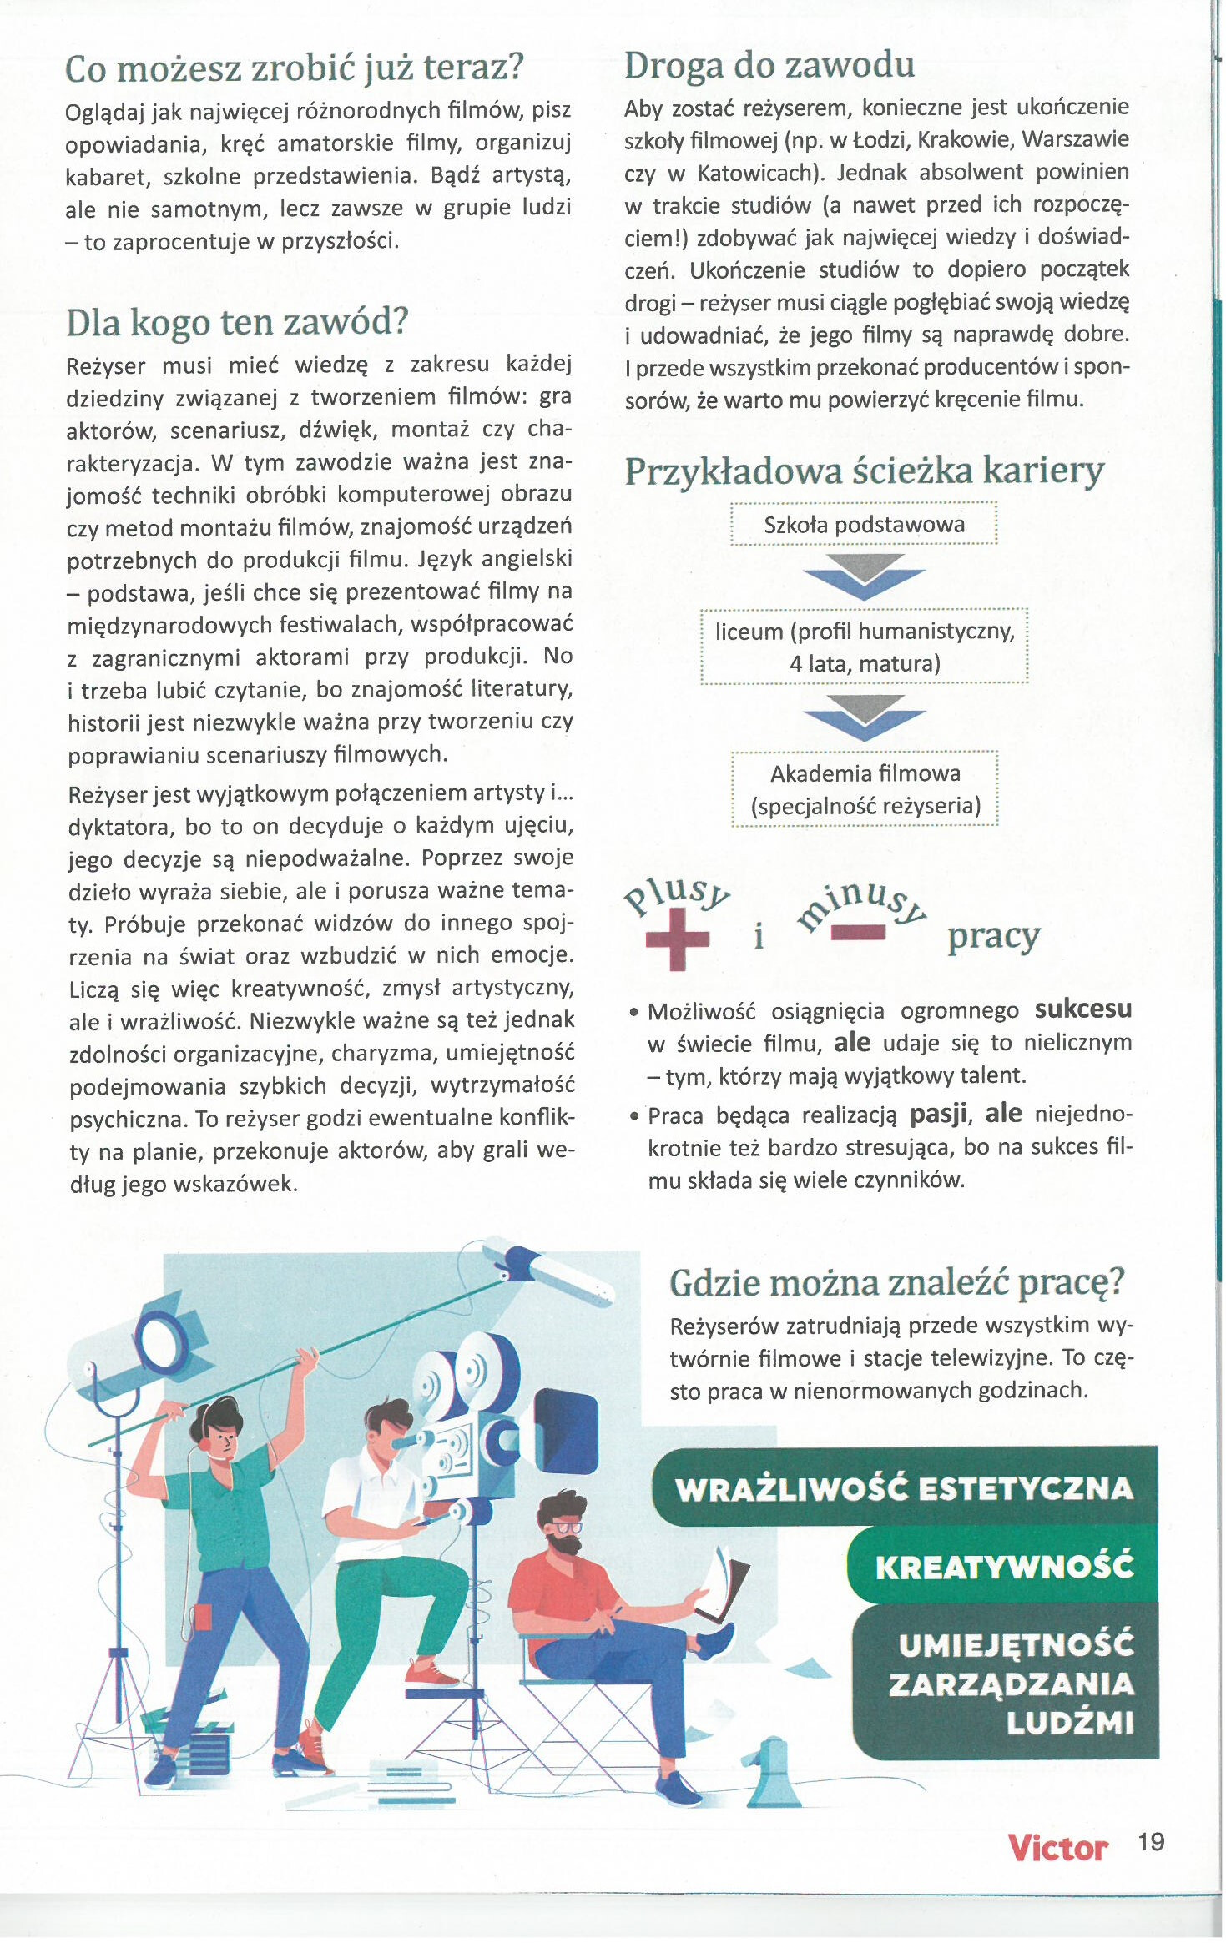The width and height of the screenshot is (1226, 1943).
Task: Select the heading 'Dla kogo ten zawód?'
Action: point(237,322)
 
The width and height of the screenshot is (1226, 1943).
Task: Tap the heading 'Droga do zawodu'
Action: point(769,65)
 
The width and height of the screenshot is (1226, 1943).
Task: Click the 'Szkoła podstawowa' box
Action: point(864,525)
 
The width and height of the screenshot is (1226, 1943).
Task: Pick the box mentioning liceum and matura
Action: point(865,647)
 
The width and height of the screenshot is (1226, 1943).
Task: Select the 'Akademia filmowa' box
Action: point(865,789)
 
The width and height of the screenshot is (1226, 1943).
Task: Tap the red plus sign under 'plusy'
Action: point(678,939)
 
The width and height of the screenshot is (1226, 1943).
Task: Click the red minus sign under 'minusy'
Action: point(857,933)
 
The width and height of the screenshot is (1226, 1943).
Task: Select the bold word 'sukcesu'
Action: point(1082,1009)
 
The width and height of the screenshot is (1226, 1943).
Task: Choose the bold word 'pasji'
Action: point(938,1114)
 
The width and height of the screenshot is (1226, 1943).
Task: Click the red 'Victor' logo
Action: point(1057,1848)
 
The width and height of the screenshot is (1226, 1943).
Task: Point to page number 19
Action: point(1151,1842)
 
